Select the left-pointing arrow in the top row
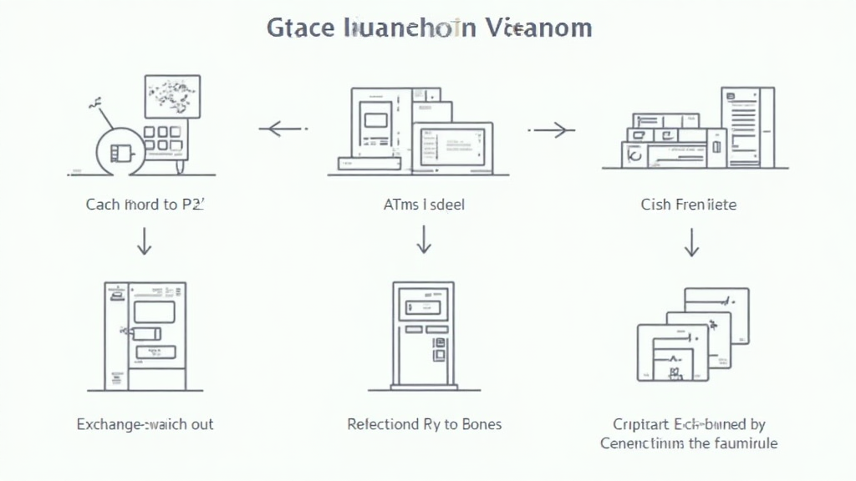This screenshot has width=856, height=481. (283, 129)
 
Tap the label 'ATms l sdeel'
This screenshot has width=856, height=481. (425, 204)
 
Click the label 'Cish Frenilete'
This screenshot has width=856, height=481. (689, 204)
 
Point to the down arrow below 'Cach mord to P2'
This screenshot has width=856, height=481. (145, 241)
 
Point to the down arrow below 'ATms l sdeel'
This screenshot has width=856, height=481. (424, 241)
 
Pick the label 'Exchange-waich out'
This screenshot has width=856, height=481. (145, 424)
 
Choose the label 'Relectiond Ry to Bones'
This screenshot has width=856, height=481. (425, 424)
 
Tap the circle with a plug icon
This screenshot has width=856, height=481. (120, 152)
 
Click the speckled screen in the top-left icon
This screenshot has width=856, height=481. (171, 96)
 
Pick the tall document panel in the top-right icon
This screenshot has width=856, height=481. (747, 125)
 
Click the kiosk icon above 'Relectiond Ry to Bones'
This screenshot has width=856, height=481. (424, 334)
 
